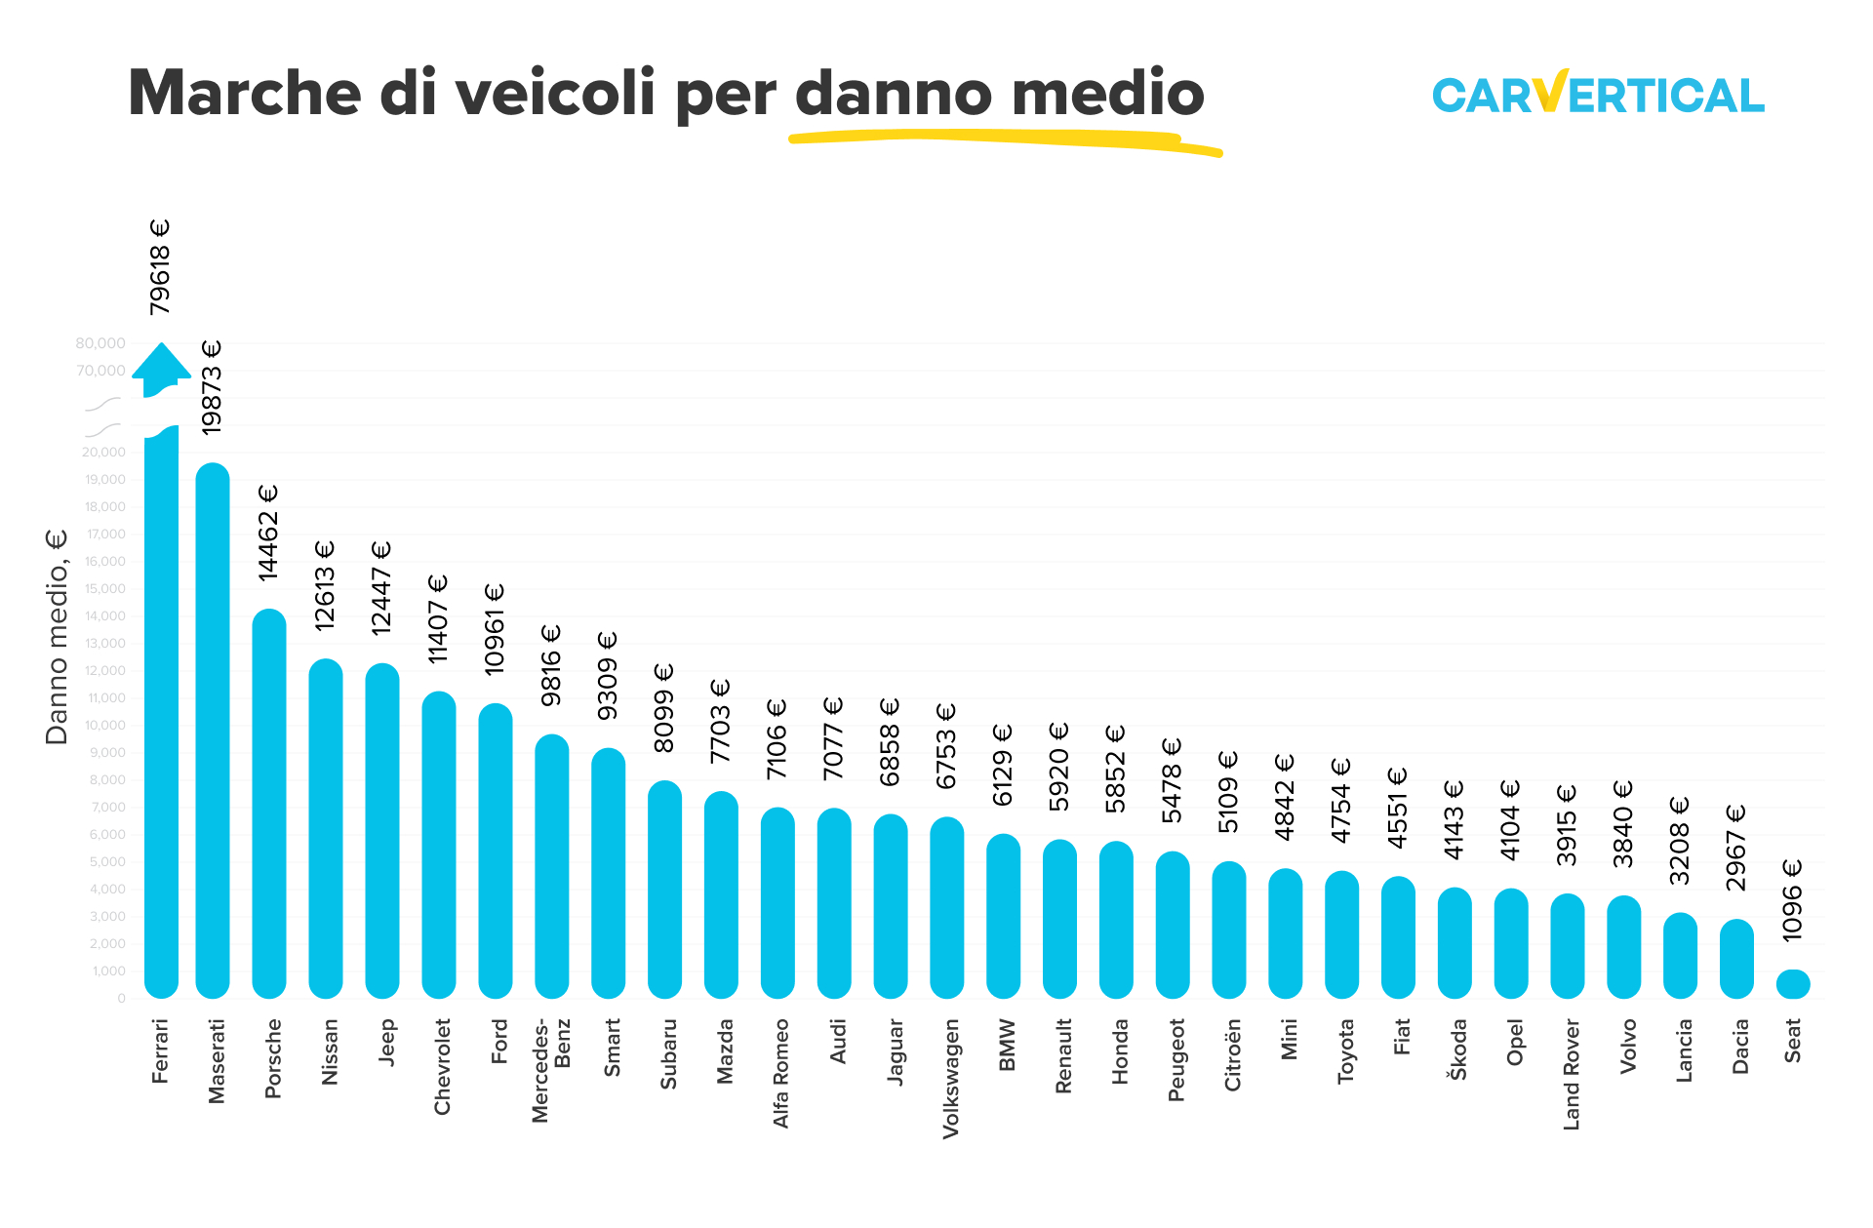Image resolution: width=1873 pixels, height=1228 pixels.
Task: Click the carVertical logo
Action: tap(1598, 94)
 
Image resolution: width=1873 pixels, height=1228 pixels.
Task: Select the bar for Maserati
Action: tap(213, 732)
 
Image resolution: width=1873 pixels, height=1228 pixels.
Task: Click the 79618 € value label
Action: tap(160, 267)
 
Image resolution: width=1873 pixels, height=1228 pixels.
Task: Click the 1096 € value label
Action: tap(1792, 900)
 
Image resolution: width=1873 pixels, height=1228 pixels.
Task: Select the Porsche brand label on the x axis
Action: tap(273, 1058)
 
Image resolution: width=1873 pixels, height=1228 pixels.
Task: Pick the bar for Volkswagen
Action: tap(947, 907)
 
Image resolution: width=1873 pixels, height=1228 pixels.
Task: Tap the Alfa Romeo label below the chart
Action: tap(780, 1073)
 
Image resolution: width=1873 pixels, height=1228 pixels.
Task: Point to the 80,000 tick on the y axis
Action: tap(100, 343)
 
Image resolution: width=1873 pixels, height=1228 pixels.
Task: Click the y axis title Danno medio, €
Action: tap(58, 637)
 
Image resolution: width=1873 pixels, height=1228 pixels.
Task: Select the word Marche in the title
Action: tap(244, 94)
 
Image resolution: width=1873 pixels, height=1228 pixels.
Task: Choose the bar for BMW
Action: tap(1004, 917)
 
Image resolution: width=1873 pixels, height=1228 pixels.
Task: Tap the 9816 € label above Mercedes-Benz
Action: tap(551, 665)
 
